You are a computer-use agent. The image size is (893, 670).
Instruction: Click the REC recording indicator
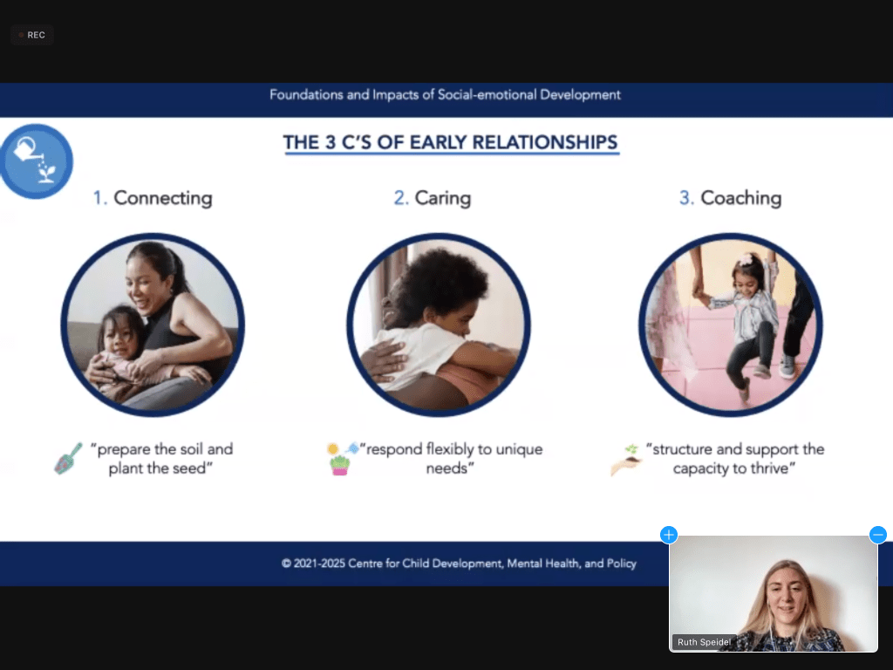click(32, 35)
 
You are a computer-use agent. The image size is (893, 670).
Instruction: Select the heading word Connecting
click(163, 198)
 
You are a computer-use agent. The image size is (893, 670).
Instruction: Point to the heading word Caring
click(442, 198)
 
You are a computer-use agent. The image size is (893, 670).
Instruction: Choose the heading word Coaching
click(740, 198)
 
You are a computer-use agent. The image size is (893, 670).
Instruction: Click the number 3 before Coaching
click(685, 198)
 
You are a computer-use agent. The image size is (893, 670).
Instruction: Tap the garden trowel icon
click(68, 458)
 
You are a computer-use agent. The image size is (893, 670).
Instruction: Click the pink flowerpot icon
click(339, 466)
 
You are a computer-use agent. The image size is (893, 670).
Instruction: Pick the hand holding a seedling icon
click(626, 461)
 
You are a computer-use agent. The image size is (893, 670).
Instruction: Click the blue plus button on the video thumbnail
click(669, 535)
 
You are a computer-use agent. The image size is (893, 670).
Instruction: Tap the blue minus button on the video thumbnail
click(877, 535)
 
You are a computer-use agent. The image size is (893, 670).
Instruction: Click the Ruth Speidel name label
click(704, 642)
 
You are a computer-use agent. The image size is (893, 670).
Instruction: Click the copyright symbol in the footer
click(286, 564)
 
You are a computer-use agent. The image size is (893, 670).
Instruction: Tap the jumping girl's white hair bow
click(746, 260)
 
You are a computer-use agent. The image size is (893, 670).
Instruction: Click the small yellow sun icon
click(332, 449)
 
